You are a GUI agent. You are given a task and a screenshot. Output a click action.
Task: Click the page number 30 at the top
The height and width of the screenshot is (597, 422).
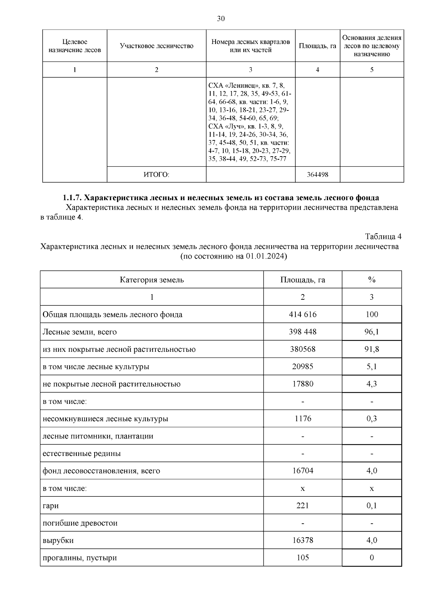point(220,19)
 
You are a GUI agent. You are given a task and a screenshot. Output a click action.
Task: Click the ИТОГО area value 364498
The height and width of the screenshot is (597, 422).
point(317,174)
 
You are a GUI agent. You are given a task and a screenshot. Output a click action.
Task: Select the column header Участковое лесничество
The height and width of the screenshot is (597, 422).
point(156,46)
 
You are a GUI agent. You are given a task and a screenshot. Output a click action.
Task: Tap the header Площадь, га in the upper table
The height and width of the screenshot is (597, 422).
point(317,46)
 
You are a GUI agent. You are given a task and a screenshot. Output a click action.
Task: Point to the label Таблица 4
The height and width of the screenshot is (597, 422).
point(383,236)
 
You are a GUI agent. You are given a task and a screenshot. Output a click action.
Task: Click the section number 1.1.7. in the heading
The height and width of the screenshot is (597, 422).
point(72,197)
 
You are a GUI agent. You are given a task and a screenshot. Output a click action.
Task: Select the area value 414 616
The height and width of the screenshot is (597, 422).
point(302,315)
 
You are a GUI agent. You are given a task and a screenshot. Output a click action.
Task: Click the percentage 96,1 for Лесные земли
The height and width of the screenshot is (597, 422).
point(371,332)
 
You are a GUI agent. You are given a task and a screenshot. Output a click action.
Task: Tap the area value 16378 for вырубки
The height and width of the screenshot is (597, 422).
point(302,540)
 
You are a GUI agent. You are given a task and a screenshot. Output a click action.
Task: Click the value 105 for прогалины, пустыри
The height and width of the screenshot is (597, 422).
point(302,558)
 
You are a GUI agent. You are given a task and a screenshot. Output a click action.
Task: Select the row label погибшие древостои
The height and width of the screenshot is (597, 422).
point(80,523)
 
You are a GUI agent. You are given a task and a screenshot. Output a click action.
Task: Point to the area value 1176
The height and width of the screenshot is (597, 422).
point(302,419)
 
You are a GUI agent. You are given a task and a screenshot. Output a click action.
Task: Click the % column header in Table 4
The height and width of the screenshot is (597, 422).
point(371,280)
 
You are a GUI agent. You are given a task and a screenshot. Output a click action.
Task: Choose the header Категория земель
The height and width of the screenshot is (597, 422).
point(152,280)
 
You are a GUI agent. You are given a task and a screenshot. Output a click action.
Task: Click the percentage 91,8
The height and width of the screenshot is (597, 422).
point(371,349)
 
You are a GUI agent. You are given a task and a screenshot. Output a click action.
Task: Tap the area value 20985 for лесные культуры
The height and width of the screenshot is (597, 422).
point(302,367)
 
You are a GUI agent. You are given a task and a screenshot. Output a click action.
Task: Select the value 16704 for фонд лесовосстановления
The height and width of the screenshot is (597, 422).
point(302,471)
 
